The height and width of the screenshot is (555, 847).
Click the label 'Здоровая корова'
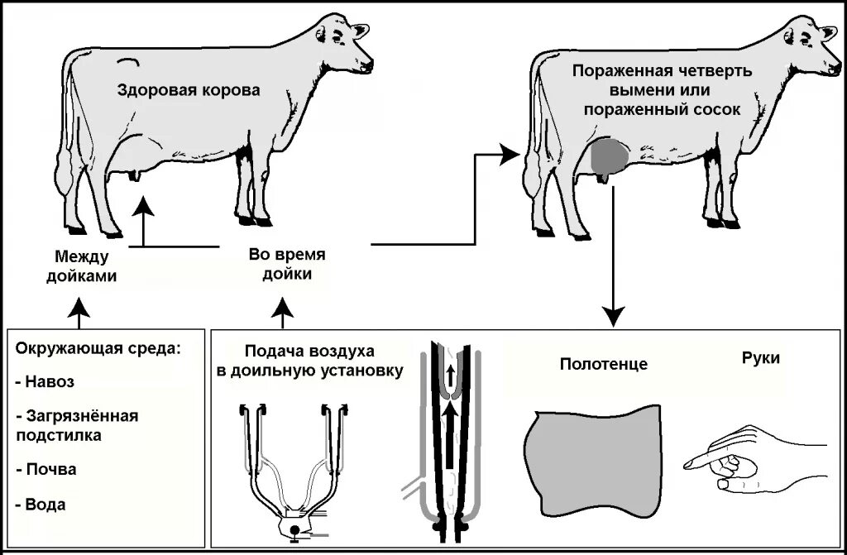click(187, 90)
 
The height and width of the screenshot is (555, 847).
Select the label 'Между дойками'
click(86, 266)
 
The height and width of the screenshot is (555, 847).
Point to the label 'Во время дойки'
click(287, 264)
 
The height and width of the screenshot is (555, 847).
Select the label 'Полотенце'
click(603, 364)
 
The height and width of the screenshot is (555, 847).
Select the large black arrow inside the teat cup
click(449, 438)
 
